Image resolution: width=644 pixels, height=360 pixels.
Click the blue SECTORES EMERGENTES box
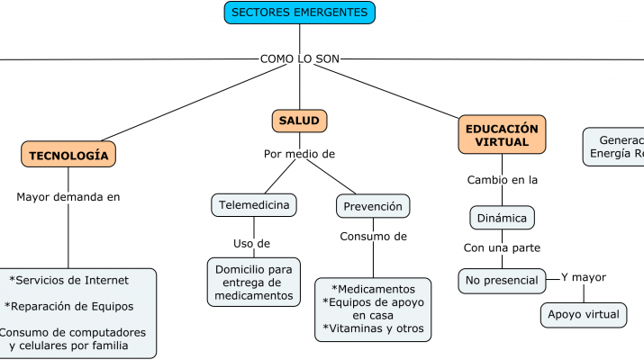click(299, 13)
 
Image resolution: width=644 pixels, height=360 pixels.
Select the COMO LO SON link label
click(299, 58)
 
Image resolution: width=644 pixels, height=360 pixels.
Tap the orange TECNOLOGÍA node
click(68, 155)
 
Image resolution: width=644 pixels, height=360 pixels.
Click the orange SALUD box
click(299, 121)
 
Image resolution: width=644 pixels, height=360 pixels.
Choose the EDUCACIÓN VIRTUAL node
click(502, 135)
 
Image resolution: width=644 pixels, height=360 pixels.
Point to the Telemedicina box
click(254, 205)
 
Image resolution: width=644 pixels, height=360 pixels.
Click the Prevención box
click(373, 206)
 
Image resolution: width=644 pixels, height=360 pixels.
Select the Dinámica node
click(502, 217)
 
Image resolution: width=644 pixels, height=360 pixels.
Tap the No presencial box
click(502, 280)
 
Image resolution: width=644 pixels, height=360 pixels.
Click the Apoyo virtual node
click(584, 314)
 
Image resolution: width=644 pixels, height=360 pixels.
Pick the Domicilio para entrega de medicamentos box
click(254, 282)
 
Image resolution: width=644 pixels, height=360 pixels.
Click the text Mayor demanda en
click(68, 196)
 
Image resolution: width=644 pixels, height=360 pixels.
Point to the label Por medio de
click(299, 154)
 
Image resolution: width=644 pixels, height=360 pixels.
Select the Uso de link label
click(251, 243)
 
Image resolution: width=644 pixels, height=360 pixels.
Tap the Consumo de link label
click(373, 237)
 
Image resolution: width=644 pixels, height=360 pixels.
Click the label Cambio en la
click(502, 180)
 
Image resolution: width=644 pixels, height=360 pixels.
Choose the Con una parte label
click(502, 247)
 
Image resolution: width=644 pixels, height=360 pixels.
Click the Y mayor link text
click(583, 277)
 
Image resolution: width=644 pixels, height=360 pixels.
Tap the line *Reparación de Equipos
click(69, 306)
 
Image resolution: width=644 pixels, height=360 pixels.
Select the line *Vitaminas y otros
click(373, 328)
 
